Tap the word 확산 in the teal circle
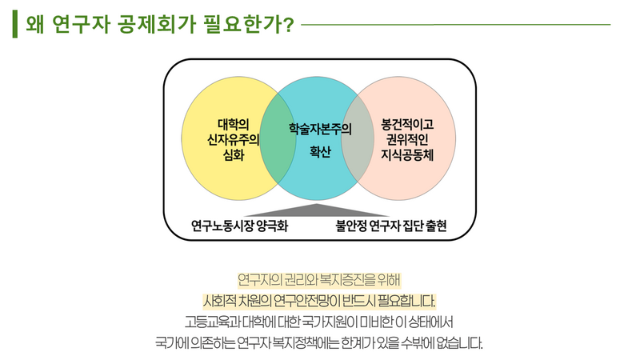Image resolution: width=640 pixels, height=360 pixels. click(x=320, y=151)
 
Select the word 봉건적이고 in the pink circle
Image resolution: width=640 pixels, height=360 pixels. click(x=408, y=125)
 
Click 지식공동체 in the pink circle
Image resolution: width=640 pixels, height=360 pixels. click(x=408, y=154)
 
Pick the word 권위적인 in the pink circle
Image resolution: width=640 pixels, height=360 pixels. click(x=408, y=139)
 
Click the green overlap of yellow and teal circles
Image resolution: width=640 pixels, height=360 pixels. click(x=275, y=144)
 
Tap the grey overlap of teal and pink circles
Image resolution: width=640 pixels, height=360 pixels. click(x=363, y=144)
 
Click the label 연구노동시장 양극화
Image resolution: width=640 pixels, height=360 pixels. click(x=239, y=226)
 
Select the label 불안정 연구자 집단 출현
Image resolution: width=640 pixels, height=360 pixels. click(x=391, y=226)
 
